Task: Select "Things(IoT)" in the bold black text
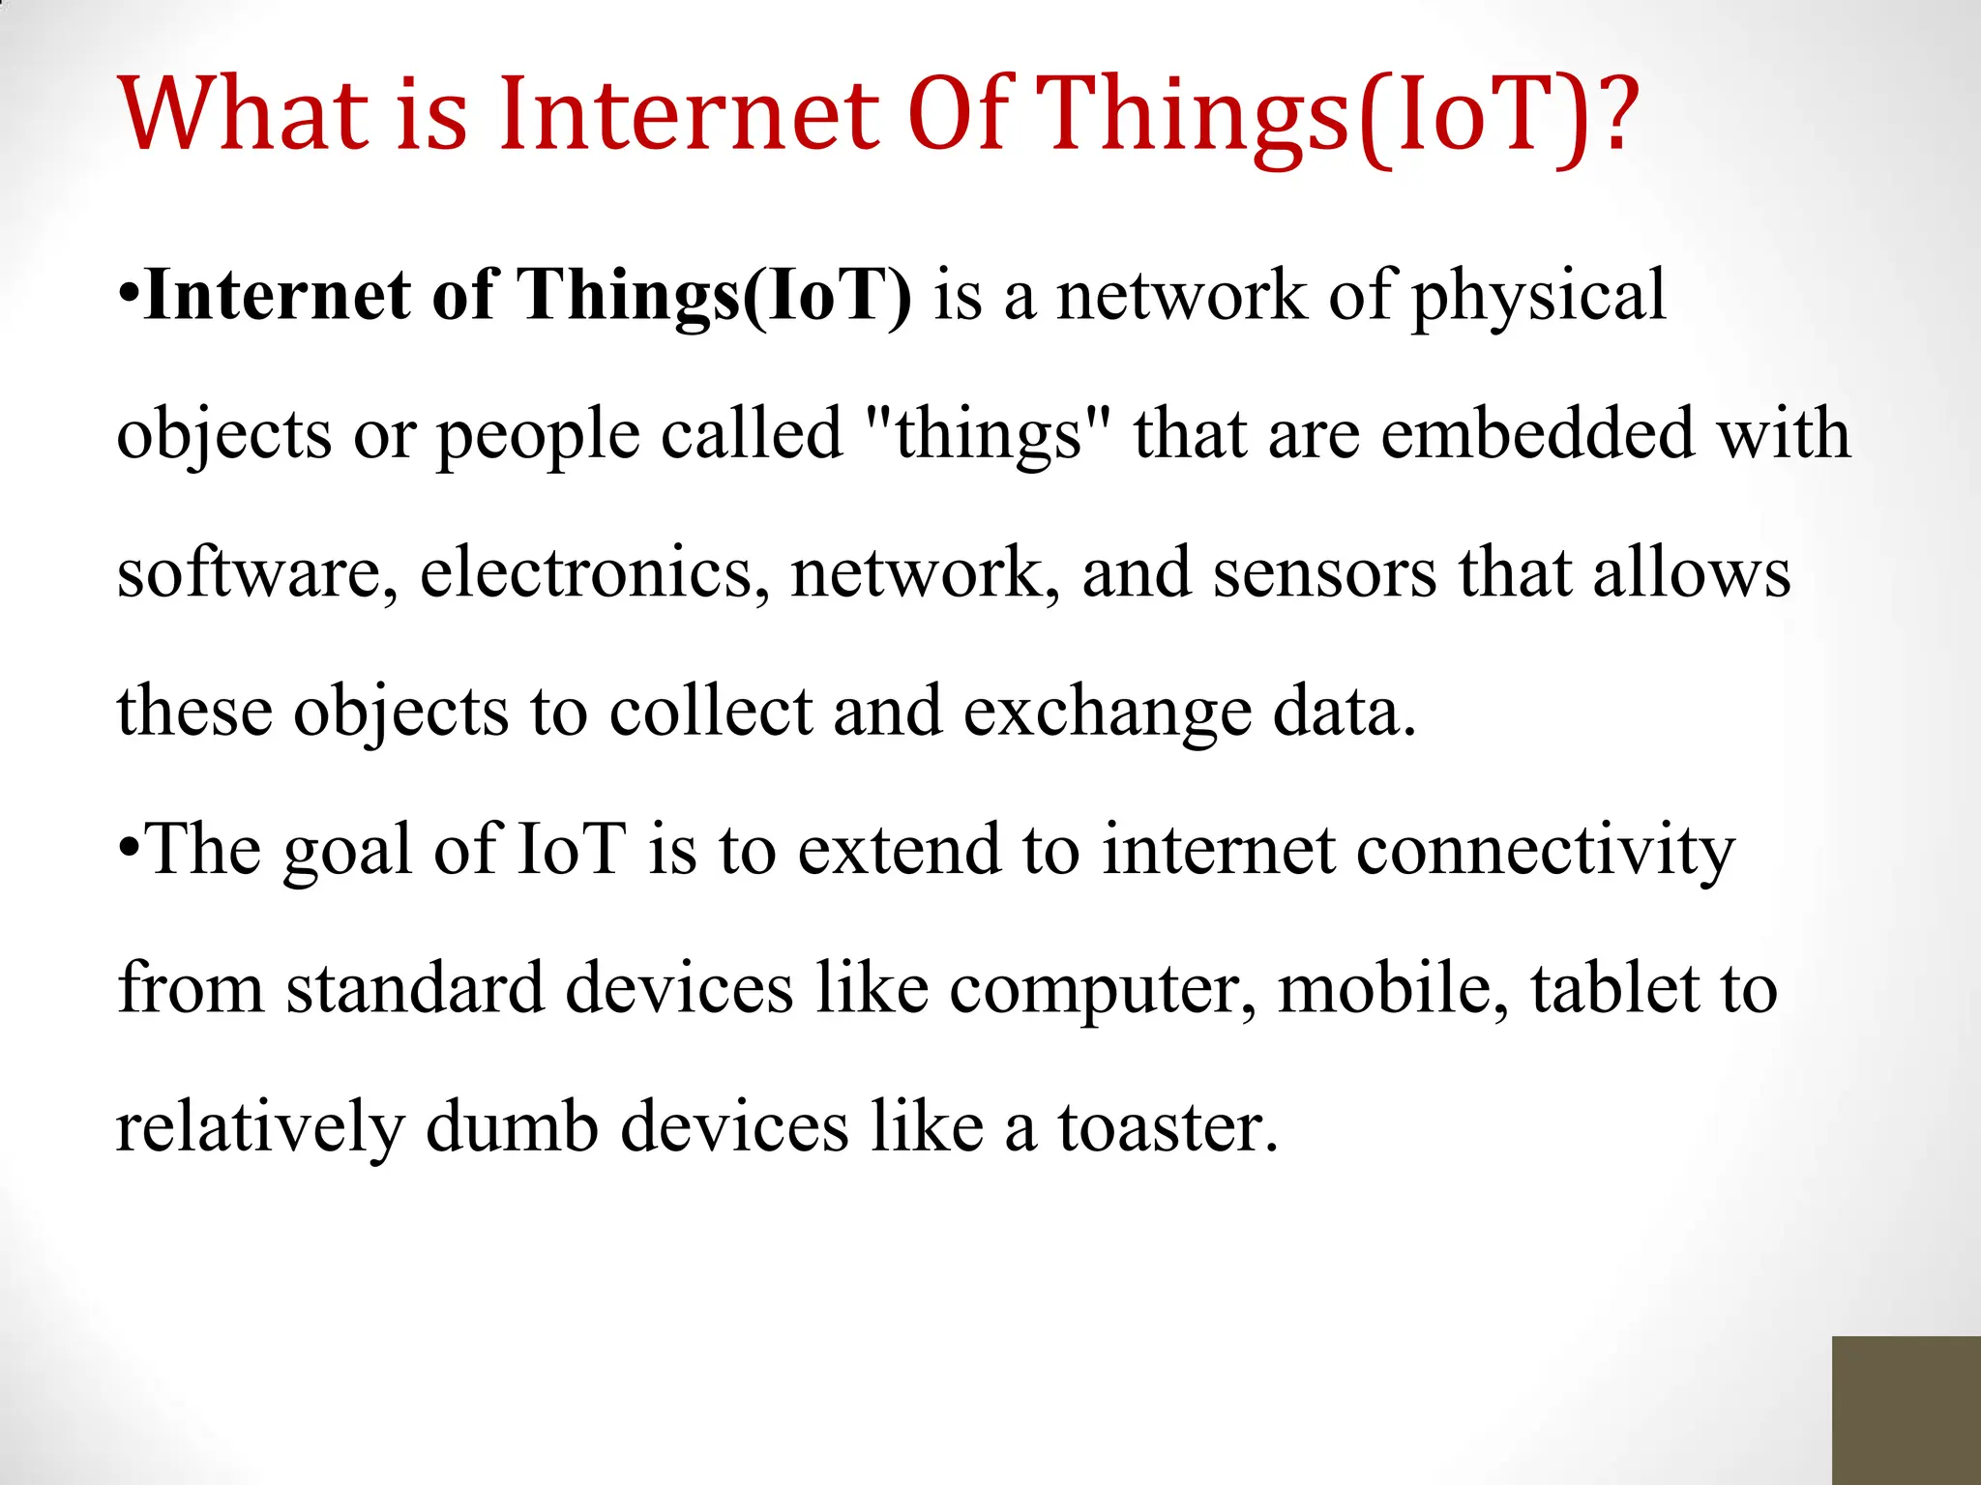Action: coord(715,296)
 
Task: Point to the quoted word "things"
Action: coord(987,435)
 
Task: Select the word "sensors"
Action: coord(1324,573)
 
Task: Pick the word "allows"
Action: coord(1692,573)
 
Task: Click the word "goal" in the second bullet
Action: coord(347,852)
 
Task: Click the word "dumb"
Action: coord(512,1128)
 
